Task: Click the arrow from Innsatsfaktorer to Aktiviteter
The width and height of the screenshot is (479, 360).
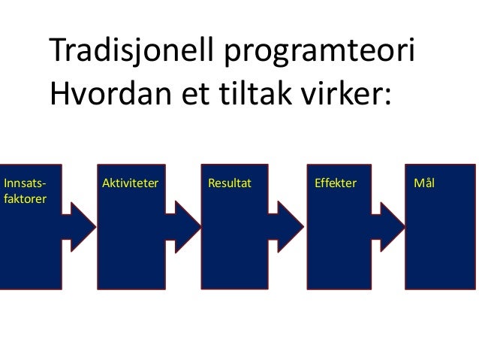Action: point(80,223)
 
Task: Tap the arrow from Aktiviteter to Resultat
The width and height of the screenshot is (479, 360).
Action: point(183,223)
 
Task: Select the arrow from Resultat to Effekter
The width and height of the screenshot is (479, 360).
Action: point(288,223)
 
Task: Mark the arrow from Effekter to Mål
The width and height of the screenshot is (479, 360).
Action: point(392,223)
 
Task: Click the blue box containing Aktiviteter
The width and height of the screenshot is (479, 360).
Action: point(129,248)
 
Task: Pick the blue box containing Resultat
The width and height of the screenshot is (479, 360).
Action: point(235,248)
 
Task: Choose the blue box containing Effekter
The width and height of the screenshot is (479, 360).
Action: point(339,248)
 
